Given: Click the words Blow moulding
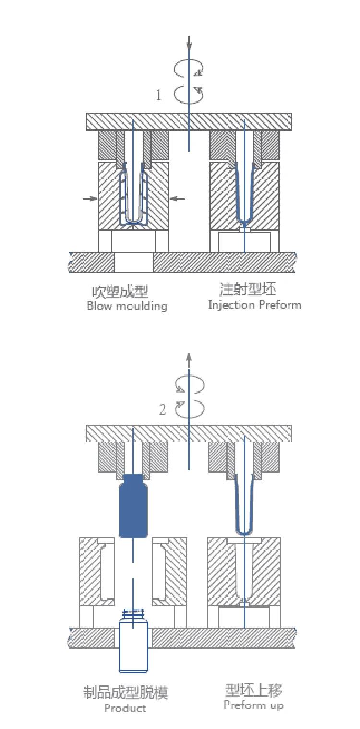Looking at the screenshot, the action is coord(127,306).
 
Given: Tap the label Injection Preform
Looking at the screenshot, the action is coord(254,305).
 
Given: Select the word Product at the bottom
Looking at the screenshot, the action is coord(125,708).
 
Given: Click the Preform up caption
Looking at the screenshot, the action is coord(254,705).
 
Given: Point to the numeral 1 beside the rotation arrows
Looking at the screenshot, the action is coord(159,95).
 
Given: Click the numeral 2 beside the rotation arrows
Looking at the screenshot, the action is coord(163,409).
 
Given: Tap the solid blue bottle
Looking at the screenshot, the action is coord(133,506).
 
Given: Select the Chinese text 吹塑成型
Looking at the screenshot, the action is coord(120,291).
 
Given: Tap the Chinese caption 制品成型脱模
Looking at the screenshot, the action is coord(125,693).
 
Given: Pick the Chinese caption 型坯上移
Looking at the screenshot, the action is coord(253,690).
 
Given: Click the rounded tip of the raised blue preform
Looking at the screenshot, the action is coord(244,533).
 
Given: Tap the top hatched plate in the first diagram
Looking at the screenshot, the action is coord(189,121).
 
